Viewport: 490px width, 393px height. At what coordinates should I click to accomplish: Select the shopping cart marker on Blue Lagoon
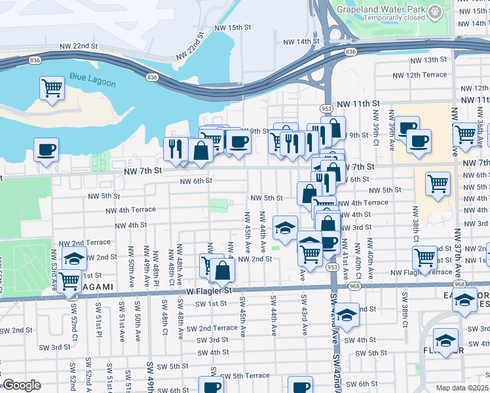[x=52, y=87]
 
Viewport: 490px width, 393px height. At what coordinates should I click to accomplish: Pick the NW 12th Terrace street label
[x=426, y=75]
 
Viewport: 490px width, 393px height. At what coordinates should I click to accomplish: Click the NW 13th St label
[x=426, y=60]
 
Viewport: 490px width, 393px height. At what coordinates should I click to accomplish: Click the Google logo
[x=21, y=385]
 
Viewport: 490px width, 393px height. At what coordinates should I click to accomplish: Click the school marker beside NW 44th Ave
[x=286, y=228]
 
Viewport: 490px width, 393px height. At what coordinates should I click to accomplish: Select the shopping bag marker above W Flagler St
[x=223, y=270]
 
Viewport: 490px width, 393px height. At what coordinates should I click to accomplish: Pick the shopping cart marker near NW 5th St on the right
[x=438, y=183]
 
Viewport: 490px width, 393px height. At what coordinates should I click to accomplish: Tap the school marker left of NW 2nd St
[x=75, y=257]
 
